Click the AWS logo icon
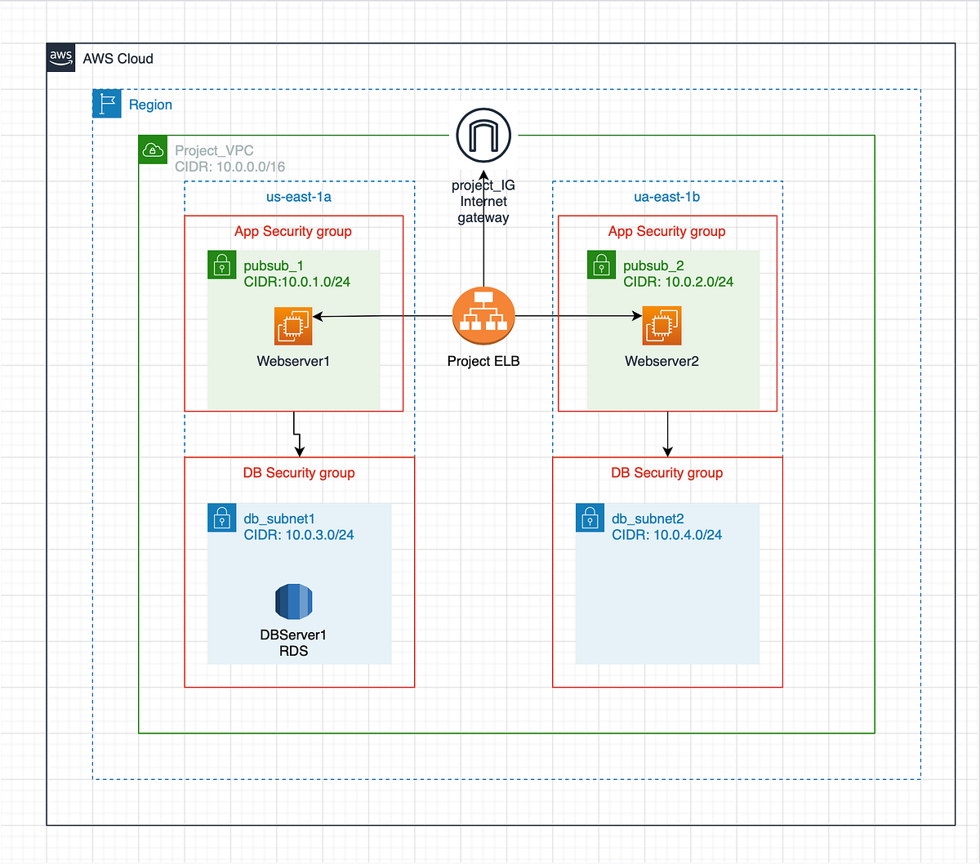pos(61,58)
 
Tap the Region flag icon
pos(107,104)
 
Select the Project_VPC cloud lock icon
pos(153,149)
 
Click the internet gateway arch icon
pos(483,136)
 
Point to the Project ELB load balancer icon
pos(483,316)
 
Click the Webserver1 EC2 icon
pos(293,326)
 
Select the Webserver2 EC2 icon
pos(661,326)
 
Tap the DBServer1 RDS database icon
pos(294,603)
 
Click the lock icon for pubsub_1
pos(222,265)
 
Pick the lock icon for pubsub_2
pos(602,265)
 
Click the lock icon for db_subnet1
pos(222,518)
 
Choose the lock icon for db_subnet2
pos(590,518)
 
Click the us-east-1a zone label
pos(299,197)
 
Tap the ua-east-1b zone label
pos(667,197)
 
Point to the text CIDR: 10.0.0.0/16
pos(230,167)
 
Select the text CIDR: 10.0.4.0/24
pos(667,535)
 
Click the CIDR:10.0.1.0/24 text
pos(297,282)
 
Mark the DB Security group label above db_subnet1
pos(299,473)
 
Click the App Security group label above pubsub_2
pos(666,231)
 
